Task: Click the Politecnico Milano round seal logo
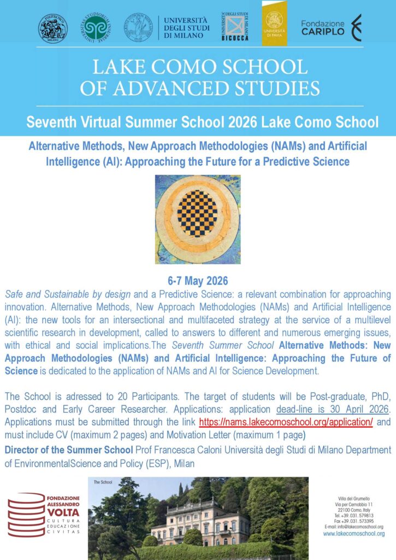point(53,28)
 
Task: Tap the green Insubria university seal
point(96,28)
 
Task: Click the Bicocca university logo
point(236,26)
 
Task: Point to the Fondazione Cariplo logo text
point(323,28)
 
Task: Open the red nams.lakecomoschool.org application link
point(286,423)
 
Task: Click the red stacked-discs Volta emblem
point(26,514)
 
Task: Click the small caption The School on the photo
point(103,482)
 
